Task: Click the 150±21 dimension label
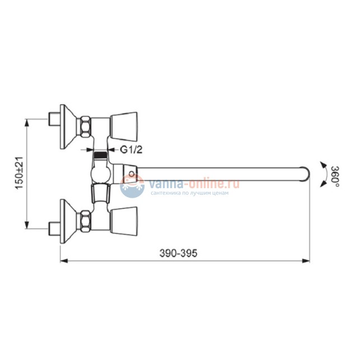(20, 173)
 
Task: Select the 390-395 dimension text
(178, 253)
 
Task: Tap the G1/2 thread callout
(131, 150)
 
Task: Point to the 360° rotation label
(335, 176)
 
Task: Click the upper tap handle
(124, 127)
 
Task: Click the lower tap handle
(124, 221)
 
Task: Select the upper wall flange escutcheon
(68, 127)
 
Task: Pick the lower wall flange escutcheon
(68, 221)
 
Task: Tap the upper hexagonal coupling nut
(86, 127)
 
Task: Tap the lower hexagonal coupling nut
(86, 221)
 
